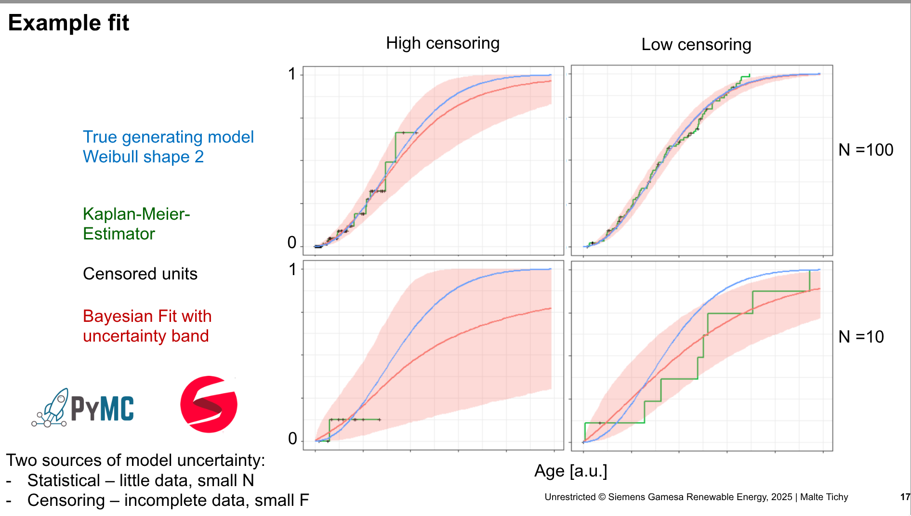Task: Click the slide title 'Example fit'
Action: pos(68,23)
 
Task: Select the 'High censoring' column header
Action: pos(442,43)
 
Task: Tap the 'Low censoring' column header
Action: pos(696,45)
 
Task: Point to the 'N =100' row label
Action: pos(865,150)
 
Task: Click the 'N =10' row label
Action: pos(860,337)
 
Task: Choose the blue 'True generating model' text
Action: pos(168,137)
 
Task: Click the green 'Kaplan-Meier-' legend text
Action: pos(136,214)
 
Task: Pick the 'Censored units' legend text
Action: pos(140,274)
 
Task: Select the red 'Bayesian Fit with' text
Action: pos(147,317)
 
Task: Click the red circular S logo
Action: pos(209,404)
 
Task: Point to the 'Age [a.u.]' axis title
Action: pos(570,471)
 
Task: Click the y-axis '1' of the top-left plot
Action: pos(291,74)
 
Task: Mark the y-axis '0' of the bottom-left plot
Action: pos(292,438)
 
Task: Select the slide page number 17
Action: pos(905,497)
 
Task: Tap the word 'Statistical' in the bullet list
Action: pos(64,480)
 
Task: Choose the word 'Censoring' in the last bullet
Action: pos(66,501)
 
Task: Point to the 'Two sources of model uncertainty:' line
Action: pos(135,461)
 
